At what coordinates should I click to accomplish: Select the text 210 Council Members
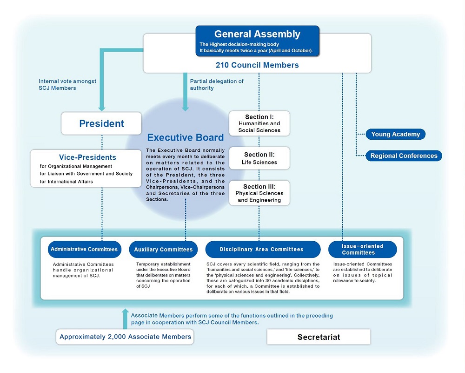coord(257,65)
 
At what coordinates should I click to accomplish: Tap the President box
coord(101,123)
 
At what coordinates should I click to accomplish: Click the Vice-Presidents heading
coord(87,157)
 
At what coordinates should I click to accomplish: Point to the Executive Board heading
coord(186,137)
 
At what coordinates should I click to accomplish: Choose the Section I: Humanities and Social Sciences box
coord(259,123)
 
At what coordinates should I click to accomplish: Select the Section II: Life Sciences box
coord(259,158)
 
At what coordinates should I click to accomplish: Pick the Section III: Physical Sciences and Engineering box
coord(259,193)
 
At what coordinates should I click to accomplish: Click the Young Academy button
coord(395,135)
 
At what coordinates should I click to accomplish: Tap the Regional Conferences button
coord(404,156)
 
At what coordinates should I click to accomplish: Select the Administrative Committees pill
coord(84,249)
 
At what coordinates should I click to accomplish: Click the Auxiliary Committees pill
coord(163,250)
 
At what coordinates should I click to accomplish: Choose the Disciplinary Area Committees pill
coord(263,249)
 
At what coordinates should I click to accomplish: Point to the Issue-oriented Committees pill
coord(363,249)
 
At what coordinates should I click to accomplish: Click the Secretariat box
coord(319,337)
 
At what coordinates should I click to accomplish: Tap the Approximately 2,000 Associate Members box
coord(125,337)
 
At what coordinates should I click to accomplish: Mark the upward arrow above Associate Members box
coord(125,312)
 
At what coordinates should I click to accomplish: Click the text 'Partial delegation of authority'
coord(217,84)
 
